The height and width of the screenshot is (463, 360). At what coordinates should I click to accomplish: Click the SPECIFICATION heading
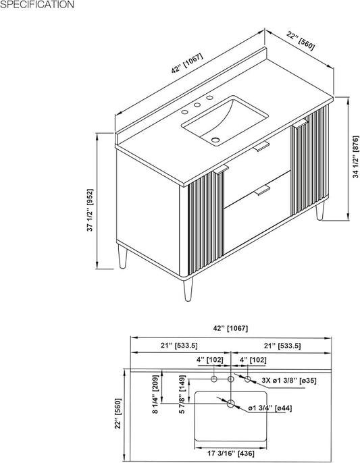37,5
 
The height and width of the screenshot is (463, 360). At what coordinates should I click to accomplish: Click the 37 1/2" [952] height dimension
91,211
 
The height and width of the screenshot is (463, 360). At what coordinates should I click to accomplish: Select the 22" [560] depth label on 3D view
301,41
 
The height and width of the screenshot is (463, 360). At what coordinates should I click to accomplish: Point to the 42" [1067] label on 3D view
187,63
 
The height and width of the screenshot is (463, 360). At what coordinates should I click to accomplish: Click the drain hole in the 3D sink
215,140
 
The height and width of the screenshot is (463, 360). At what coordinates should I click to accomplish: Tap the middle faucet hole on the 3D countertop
197,105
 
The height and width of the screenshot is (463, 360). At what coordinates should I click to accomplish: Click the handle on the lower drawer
262,190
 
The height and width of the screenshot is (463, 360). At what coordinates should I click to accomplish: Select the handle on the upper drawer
261,146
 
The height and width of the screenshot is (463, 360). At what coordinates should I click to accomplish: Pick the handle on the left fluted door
221,169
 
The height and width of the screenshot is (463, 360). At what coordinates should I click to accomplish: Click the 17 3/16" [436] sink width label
231,454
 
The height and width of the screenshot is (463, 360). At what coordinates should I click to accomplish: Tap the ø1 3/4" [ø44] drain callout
270,408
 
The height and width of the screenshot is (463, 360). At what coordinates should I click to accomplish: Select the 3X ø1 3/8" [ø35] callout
289,381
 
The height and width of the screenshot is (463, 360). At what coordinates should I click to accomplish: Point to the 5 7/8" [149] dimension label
182,394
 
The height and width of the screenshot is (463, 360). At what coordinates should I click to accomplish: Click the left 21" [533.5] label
179,346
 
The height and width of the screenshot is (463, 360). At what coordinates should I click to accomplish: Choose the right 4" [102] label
253,360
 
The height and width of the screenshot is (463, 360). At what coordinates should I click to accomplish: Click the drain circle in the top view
231,404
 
